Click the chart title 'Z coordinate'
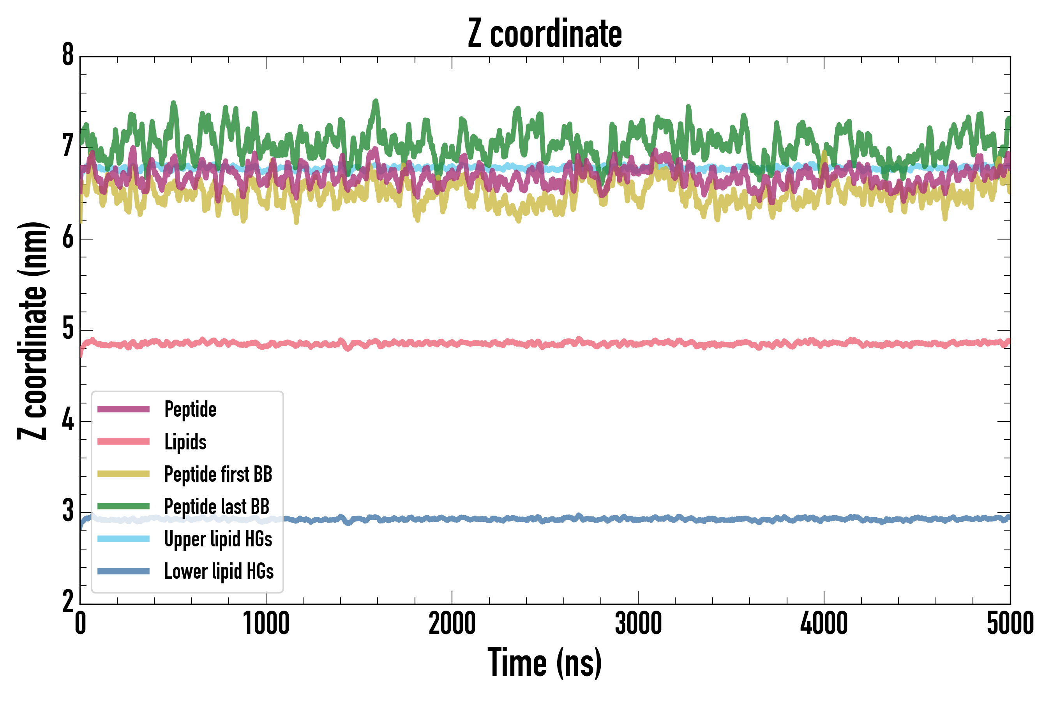point(544,34)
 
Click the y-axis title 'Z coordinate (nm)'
point(32,330)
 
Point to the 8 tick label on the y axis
point(68,55)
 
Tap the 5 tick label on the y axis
point(68,329)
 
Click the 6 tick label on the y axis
point(68,238)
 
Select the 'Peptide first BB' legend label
point(218,474)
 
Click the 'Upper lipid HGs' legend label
point(218,539)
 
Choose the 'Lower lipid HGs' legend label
point(219,571)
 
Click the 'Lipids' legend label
point(185,442)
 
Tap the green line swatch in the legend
point(124,506)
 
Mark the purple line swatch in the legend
point(124,409)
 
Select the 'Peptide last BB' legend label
point(217,507)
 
